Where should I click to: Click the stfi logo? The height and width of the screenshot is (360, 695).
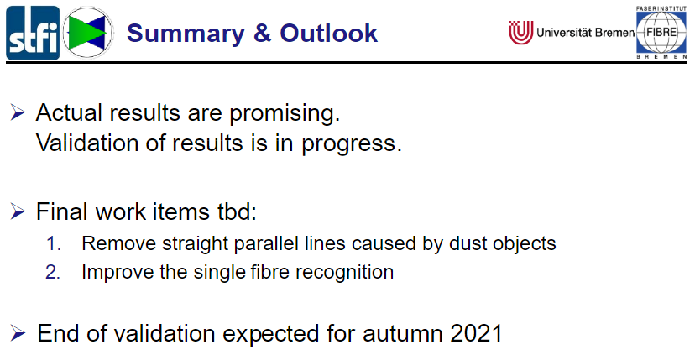(33, 33)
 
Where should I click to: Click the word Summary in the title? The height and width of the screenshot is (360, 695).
(186, 34)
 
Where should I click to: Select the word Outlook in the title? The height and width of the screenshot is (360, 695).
(328, 34)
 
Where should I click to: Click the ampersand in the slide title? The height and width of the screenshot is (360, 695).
(263, 34)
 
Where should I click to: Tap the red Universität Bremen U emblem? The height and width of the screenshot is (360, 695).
(520, 33)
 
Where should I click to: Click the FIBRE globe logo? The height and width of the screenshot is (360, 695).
(661, 33)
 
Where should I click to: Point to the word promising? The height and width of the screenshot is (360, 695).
(285, 114)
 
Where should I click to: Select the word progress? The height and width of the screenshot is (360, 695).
(352, 145)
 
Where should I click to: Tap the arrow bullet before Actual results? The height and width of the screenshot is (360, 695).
(18, 113)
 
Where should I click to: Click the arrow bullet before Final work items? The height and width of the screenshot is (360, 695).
(18, 211)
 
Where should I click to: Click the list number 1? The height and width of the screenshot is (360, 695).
(54, 244)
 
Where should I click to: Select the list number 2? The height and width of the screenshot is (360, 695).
(53, 272)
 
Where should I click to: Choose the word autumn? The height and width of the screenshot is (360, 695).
(403, 334)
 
